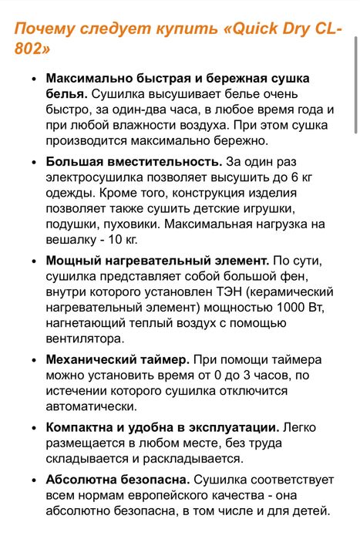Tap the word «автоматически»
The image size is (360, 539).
tap(92, 406)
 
